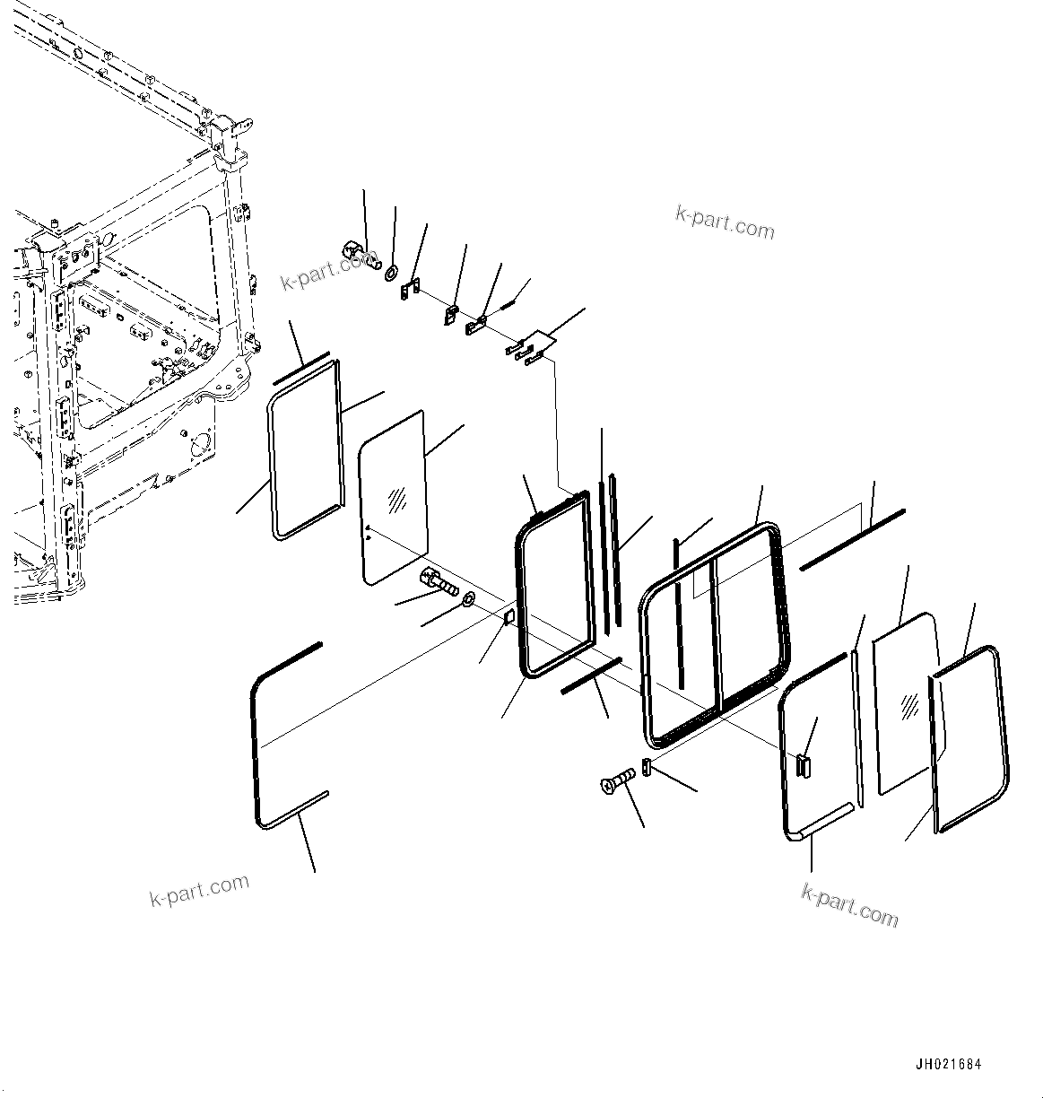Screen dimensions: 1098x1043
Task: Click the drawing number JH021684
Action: (948, 1065)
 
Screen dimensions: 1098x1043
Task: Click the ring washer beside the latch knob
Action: (393, 270)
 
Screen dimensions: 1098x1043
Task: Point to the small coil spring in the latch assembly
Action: (508, 305)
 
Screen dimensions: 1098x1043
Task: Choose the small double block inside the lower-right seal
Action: (802, 763)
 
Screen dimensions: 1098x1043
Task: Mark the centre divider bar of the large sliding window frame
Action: (714, 631)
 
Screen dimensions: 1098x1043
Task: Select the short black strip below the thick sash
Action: (590, 675)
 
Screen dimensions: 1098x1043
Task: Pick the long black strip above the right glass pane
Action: (852, 539)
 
